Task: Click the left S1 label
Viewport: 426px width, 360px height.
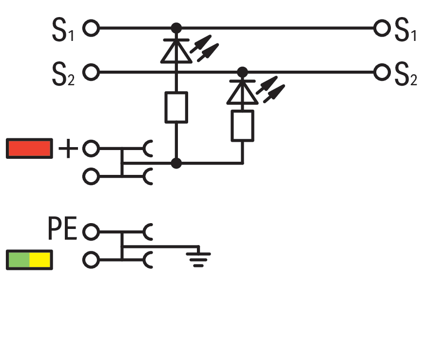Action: (x=63, y=30)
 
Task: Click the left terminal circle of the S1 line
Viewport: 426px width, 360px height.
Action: (x=91, y=28)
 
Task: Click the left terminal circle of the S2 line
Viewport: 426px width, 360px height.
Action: (x=91, y=73)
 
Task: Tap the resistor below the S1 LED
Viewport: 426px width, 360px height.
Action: (x=176, y=107)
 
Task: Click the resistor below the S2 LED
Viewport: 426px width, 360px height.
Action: (x=242, y=126)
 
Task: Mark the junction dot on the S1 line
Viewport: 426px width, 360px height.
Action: (x=176, y=28)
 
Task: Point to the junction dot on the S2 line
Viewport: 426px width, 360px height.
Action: (x=242, y=72)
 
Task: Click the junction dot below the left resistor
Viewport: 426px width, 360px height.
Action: (x=176, y=163)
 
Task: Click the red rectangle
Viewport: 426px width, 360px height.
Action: (x=29, y=149)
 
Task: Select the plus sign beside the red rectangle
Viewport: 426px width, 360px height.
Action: (x=68, y=149)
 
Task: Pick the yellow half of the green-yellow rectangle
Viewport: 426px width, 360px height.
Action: (x=40, y=260)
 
